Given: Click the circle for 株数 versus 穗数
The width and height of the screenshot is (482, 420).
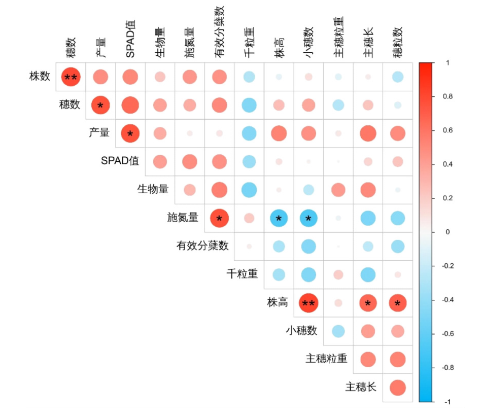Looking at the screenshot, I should click(x=71, y=77).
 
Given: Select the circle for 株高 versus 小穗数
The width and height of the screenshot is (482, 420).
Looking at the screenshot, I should click(x=308, y=303).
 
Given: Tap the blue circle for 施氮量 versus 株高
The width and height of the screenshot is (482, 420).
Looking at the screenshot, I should click(x=279, y=219).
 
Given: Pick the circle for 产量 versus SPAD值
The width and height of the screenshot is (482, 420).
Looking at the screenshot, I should click(x=130, y=133).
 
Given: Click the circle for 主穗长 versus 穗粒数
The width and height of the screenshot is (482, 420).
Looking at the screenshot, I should click(x=398, y=388).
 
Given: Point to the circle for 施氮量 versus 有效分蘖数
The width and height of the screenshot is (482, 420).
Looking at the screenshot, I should click(x=219, y=219).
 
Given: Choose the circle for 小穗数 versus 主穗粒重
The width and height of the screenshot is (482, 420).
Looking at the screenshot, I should click(x=338, y=332).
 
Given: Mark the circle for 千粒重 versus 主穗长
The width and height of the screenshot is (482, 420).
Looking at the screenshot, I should click(x=368, y=275).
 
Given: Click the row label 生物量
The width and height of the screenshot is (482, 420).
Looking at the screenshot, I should click(x=153, y=189).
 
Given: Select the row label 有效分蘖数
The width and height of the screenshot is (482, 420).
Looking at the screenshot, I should click(x=202, y=246).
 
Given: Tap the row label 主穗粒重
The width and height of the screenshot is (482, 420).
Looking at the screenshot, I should click(x=326, y=359).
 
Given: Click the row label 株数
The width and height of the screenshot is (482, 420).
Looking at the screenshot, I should click(x=40, y=77).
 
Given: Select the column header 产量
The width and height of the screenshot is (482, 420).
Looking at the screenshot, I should click(x=100, y=46).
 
